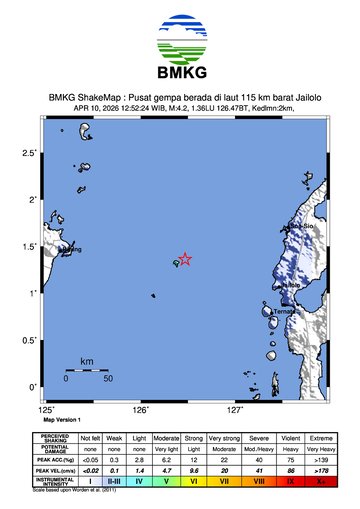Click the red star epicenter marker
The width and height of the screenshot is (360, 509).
pos(185,259)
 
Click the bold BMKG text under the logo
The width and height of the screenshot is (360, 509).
pos(180,73)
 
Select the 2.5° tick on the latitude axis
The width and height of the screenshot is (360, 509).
pos(31,153)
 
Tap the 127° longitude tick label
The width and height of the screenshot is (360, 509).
pos(235,409)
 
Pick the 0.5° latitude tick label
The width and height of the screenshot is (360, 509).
pos(31,340)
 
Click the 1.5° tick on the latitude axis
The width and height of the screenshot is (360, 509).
pos(31,247)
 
